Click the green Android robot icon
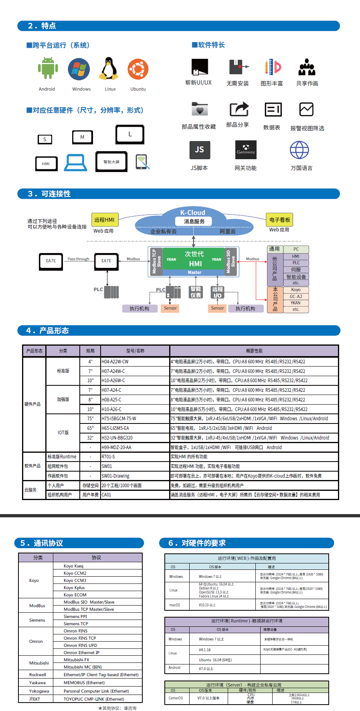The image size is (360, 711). click(48, 68)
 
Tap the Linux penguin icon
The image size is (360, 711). click(109, 69)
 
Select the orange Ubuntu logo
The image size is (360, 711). click(138, 69)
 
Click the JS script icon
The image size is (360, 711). click(200, 150)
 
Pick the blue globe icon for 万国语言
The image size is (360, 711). click(299, 150)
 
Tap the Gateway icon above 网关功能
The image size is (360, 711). click(246, 150)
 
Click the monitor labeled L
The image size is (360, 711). click(130, 134)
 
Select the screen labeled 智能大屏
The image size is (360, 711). click(111, 162)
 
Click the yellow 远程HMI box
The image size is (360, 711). click(104, 220)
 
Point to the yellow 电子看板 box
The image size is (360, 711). click(279, 220)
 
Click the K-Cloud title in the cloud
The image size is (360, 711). click(192, 213)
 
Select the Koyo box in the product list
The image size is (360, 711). click(296, 290)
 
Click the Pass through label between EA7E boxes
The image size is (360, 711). click(78, 259)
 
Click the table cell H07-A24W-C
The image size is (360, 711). click(113, 371)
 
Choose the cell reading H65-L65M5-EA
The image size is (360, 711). click(115, 428)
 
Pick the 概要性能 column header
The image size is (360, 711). click(254, 351)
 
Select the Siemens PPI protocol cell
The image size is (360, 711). click(75, 616)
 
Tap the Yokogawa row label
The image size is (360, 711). click(39, 691)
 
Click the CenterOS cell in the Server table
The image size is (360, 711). click(176, 698)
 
